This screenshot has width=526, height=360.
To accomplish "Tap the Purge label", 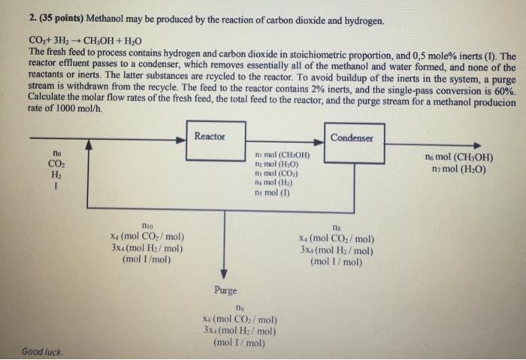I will click(x=225, y=290).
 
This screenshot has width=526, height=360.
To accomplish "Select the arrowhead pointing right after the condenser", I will click(x=475, y=144).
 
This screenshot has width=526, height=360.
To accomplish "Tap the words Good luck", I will click(x=42, y=351).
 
